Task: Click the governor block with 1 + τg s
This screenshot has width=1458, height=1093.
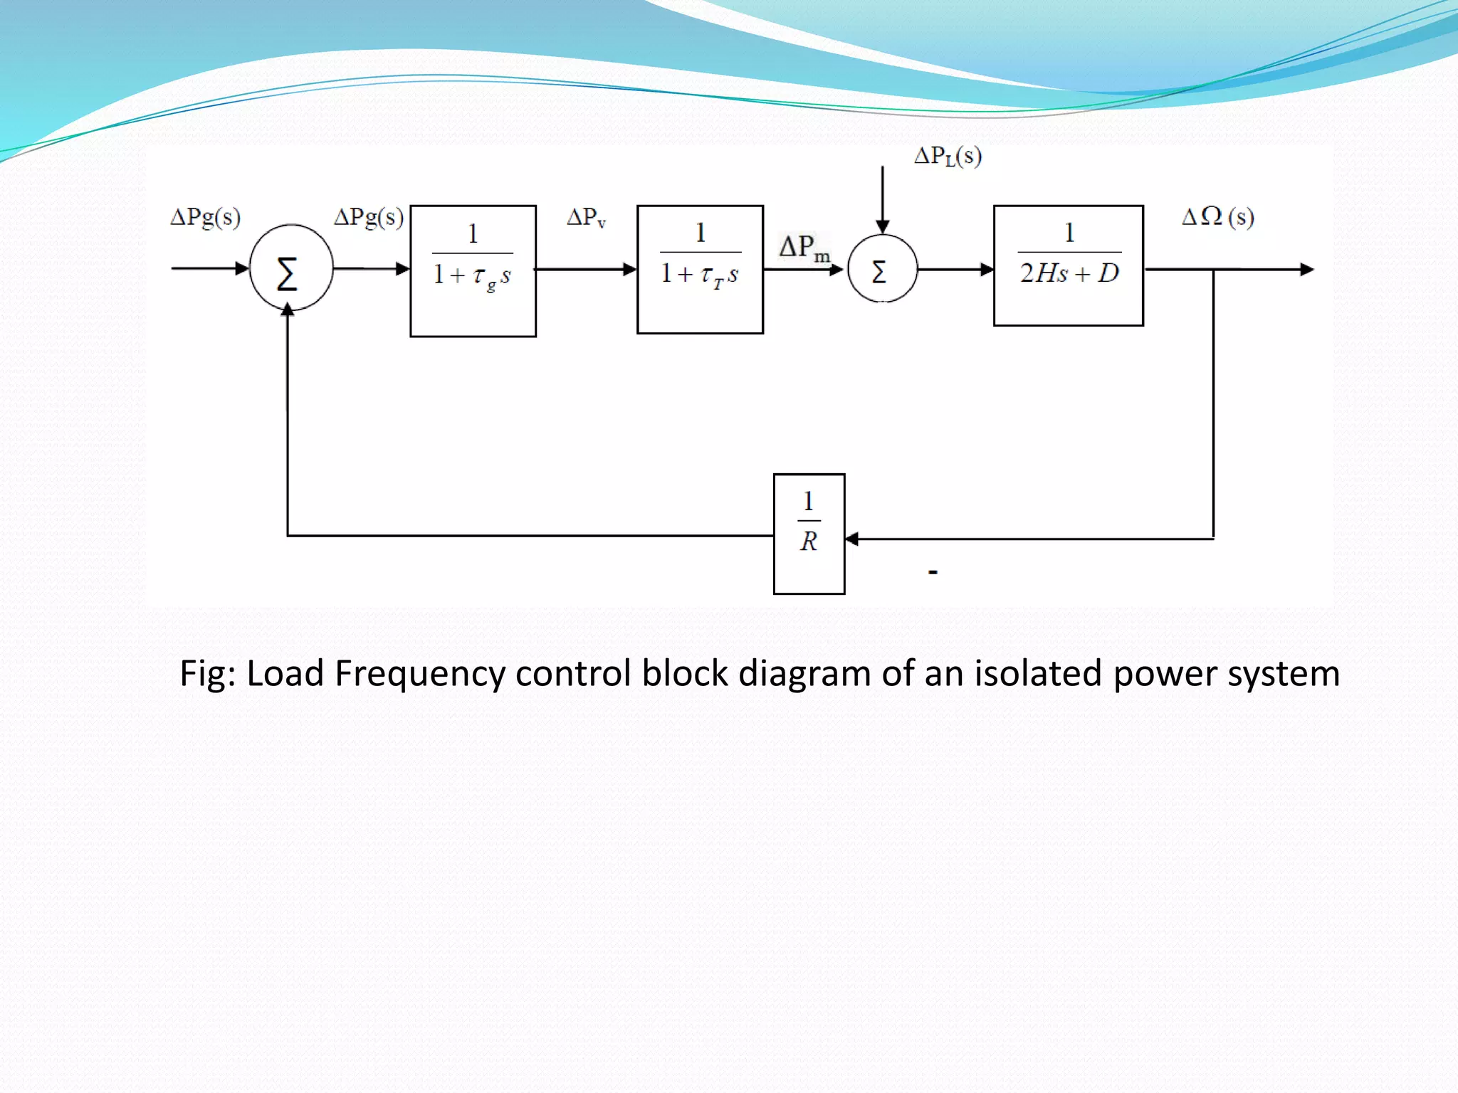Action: pos(473,270)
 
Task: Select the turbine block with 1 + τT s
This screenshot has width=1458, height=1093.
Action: pos(700,269)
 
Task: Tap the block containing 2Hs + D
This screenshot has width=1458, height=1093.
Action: pos(1068,265)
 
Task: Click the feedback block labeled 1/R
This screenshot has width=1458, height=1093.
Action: pos(809,534)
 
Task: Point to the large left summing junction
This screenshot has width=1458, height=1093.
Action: pos(290,268)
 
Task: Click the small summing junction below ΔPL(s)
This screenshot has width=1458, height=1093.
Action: pos(882,270)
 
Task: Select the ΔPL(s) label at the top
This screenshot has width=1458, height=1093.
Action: pos(948,156)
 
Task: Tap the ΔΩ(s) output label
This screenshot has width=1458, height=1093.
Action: pos(1217,216)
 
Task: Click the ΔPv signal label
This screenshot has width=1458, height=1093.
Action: pos(586,217)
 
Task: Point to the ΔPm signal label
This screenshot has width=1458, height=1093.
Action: pos(804,247)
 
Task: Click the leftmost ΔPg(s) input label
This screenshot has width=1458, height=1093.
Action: pos(205,217)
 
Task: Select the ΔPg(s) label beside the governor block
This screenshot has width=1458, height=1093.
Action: pos(369,217)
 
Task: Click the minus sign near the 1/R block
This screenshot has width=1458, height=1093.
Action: pos(933,571)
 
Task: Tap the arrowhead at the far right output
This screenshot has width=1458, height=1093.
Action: pos(1307,270)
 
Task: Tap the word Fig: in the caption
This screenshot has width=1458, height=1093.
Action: pos(207,673)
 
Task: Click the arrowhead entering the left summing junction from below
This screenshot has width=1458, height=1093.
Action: pos(288,310)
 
